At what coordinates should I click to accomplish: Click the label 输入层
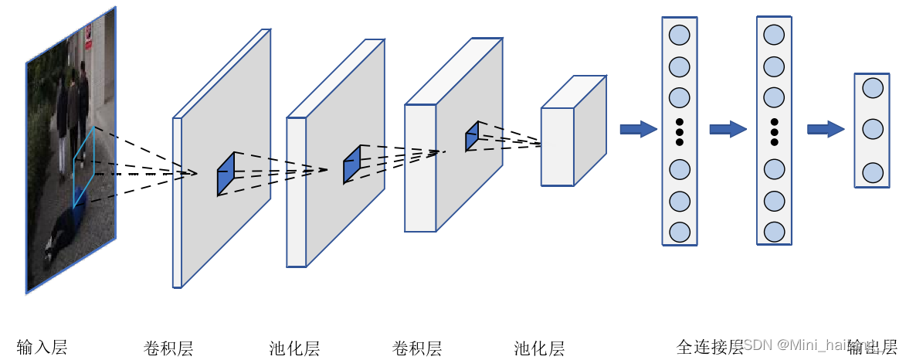point(42,347)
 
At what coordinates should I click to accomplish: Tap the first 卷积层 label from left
point(168,348)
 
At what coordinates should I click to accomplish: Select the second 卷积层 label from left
point(417,348)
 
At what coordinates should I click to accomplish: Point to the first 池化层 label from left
point(294,348)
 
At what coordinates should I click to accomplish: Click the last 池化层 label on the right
point(539,348)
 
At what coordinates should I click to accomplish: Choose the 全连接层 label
point(709,346)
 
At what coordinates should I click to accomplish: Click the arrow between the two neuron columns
point(728,128)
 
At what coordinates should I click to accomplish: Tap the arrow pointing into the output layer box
point(826,128)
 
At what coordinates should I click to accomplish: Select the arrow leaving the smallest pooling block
point(638,128)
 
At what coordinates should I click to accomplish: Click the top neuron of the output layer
point(873,87)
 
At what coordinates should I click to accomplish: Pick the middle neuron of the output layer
point(873,128)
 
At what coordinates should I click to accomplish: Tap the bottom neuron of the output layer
point(873,172)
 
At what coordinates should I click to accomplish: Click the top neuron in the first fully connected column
point(680,35)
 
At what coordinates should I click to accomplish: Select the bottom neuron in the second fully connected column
point(774,231)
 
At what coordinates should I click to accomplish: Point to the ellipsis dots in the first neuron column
point(680,132)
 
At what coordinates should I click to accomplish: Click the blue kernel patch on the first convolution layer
point(226,174)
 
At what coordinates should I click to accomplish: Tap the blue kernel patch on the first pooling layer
point(351,165)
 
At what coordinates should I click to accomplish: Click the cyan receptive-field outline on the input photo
point(84,166)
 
